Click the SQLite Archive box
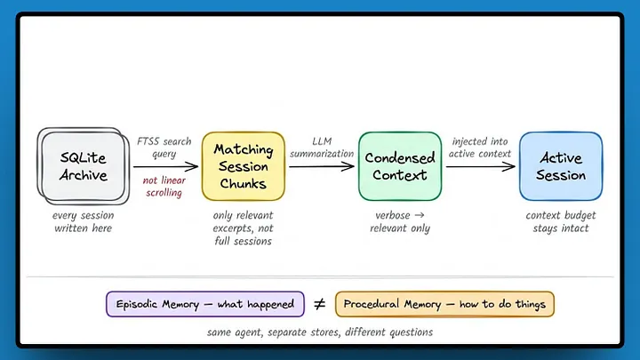(84, 166)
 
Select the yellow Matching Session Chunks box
(244, 166)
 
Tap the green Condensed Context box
(400, 166)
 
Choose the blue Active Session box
(561, 166)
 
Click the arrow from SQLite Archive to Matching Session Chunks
(165, 166)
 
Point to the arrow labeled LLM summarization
(322, 166)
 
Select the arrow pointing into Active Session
(480, 166)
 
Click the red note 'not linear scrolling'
(164, 186)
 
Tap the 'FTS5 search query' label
(164, 148)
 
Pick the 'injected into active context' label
(480, 148)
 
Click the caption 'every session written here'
(84, 221)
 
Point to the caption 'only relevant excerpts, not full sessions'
(244, 228)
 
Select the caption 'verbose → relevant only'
(400, 221)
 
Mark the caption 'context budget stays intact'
(561, 221)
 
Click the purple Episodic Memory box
(205, 304)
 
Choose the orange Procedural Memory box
(445, 304)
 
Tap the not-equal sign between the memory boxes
(320, 304)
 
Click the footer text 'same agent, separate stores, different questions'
(320, 332)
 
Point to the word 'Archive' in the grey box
(84, 175)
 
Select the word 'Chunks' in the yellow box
(244, 184)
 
